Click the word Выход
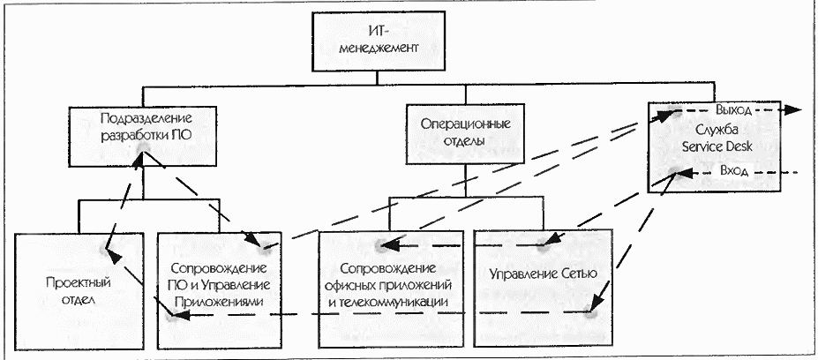pos(734,111)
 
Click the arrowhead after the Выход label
pos(794,111)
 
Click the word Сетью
pos(579,274)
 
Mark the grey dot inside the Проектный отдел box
pos(112,251)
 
